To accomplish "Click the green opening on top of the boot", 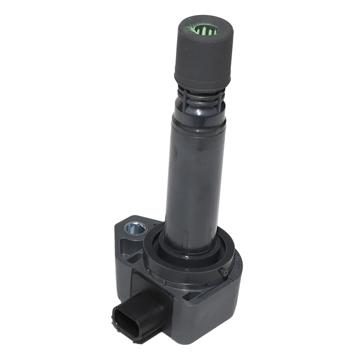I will (x=207, y=30).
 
